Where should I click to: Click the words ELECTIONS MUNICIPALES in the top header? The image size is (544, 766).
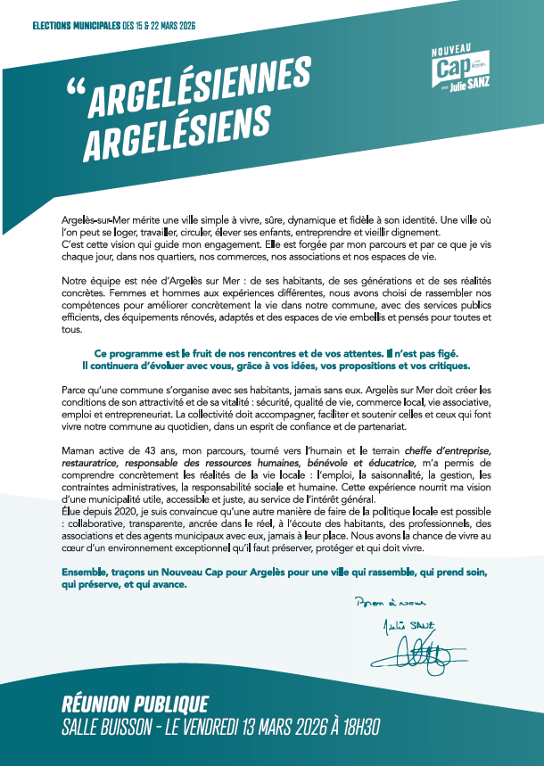[76, 27]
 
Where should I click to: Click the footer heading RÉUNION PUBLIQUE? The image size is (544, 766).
[136, 704]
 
